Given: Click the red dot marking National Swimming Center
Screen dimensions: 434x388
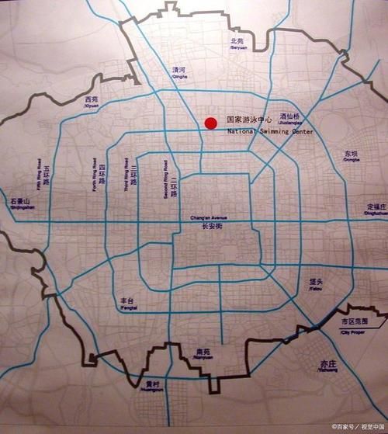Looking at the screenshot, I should [210, 123].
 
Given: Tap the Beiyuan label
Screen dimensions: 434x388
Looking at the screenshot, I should [237, 43].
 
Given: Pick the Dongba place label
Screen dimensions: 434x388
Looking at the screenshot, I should [352, 156].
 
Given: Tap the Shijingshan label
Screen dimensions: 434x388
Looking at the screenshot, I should [20, 203].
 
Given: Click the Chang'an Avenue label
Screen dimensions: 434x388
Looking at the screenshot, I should [206, 222].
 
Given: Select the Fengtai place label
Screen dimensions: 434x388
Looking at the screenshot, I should [126, 303].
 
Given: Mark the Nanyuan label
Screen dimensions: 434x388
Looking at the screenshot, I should [204, 353].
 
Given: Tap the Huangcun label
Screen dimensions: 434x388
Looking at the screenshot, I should [152, 386].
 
